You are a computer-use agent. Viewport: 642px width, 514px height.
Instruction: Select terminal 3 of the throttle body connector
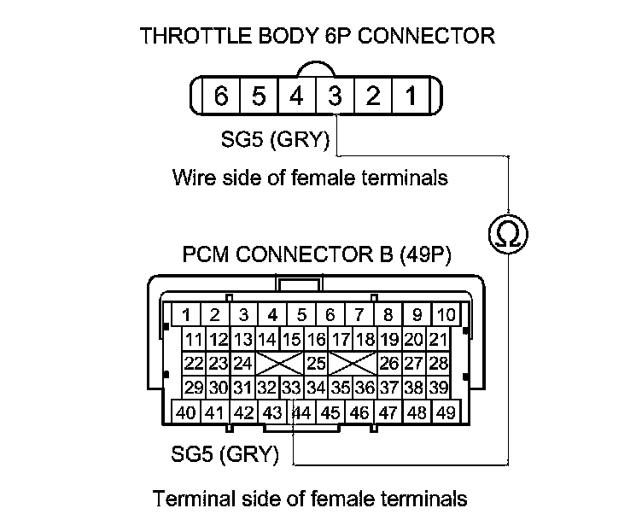pos(335,96)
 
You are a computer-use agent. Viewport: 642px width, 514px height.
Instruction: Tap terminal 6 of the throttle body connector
pos(220,96)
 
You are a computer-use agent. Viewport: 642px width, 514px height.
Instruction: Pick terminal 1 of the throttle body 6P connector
pos(411,96)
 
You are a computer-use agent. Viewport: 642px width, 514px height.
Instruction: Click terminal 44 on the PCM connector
pos(302,412)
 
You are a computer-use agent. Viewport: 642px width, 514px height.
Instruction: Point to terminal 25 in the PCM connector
pos(316,363)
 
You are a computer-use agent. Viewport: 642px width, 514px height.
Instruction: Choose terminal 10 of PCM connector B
pos(445,313)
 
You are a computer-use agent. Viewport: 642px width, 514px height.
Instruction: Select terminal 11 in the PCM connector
pos(194,339)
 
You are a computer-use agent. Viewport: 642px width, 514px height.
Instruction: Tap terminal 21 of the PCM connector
pos(439,339)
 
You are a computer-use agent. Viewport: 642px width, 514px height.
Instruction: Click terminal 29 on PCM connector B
pos(194,388)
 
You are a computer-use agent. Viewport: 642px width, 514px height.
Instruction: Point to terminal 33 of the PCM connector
pos(291,388)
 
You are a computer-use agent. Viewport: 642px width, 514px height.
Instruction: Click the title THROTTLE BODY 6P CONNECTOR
pos(318,36)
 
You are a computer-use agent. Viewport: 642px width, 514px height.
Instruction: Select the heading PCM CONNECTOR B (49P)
pos(317,255)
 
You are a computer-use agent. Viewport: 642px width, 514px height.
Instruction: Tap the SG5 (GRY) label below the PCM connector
pos(236,454)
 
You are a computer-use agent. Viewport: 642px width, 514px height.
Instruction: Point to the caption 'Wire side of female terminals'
pos(310,178)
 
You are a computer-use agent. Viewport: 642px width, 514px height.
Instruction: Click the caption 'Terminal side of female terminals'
pos(309,497)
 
